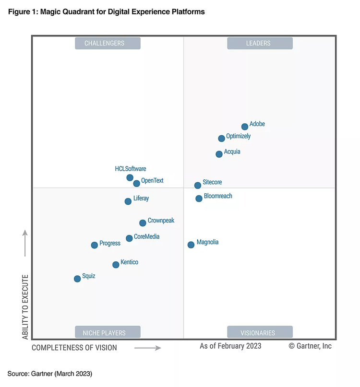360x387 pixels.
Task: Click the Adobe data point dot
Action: click(245, 127)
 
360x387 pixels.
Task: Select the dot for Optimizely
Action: click(221, 139)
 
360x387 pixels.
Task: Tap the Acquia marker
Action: click(219, 154)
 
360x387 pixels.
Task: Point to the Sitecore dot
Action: click(198, 185)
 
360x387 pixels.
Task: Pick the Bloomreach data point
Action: click(199, 199)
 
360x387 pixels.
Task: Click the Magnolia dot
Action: click(191, 245)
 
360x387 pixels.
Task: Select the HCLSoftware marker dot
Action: click(130, 177)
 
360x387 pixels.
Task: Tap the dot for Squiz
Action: click(77, 279)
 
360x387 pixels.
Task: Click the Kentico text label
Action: click(130, 262)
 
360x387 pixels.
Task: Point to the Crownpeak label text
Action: click(161, 221)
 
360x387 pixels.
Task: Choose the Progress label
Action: click(110, 243)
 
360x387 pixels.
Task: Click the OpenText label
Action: click(152, 181)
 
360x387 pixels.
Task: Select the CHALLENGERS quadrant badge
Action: click(108, 43)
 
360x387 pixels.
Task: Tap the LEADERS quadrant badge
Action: click(260, 43)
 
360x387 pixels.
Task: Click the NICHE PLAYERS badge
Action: click(108, 332)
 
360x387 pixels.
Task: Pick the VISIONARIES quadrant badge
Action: click(260, 332)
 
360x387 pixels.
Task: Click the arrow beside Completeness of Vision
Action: click(147, 348)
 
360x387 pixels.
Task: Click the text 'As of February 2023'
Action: click(230, 346)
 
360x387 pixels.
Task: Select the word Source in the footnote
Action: click(18, 373)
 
